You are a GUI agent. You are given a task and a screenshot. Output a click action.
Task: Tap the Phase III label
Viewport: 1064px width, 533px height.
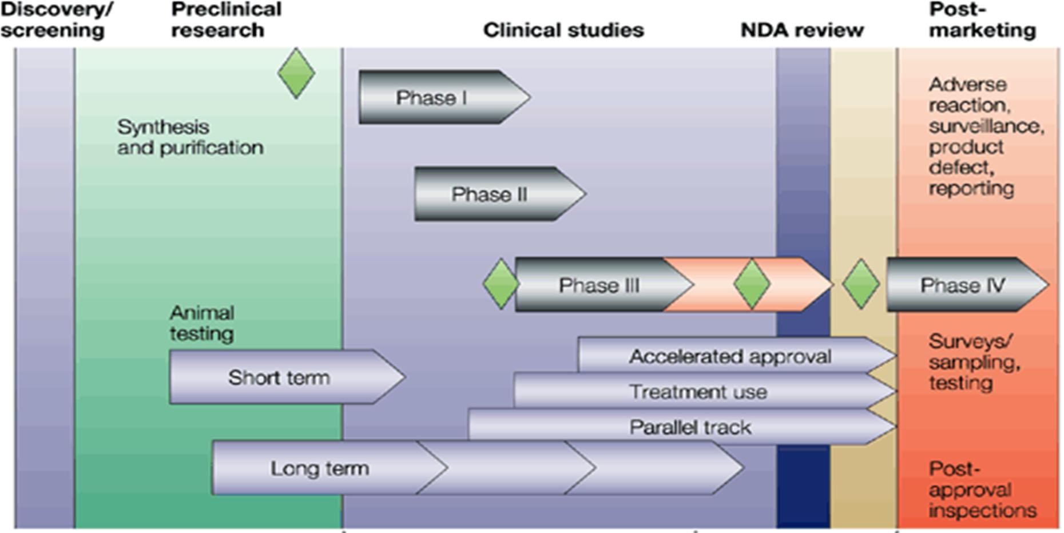coord(599,285)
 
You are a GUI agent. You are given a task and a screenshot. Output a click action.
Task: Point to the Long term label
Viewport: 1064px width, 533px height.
coord(320,468)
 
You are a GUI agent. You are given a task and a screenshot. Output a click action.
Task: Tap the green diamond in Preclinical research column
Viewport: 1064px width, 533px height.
coord(296,73)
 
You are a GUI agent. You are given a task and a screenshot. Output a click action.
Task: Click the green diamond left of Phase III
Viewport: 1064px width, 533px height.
coord(501,284)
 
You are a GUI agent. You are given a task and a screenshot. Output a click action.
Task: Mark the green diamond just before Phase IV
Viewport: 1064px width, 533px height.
coord(860,284)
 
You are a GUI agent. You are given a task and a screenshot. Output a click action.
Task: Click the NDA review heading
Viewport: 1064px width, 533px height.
coord(802,30)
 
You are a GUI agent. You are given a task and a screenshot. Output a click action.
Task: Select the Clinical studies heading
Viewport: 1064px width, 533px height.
coord(563,30)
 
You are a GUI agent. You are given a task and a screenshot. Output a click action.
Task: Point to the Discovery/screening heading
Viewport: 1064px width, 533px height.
coord(56,20)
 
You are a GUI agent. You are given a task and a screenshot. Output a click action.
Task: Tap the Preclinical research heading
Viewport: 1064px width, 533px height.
coord(226,20)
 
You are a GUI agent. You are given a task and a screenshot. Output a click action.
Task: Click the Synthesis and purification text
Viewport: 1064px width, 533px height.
coord(190,137)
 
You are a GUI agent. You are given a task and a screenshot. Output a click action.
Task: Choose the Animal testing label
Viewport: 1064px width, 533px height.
coord(202,323)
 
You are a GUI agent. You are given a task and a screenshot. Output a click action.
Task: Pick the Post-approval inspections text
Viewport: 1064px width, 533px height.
coord(982,490)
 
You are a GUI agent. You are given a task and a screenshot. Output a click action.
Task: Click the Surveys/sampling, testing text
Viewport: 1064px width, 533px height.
coord(974,362)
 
